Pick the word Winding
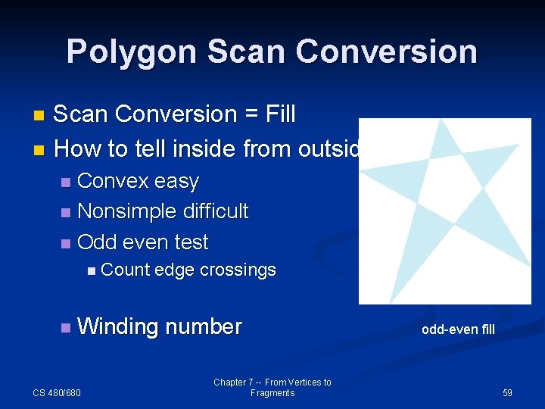pyautogui.click(x=117, y=326)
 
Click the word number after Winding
pyautogui.click(x=203, y=326)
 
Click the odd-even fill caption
pyautogui.click(x=458, y=329)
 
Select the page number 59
pyautogui.click(x=507, y=393)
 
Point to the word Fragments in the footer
pyautogui.click(x=272, y=393)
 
